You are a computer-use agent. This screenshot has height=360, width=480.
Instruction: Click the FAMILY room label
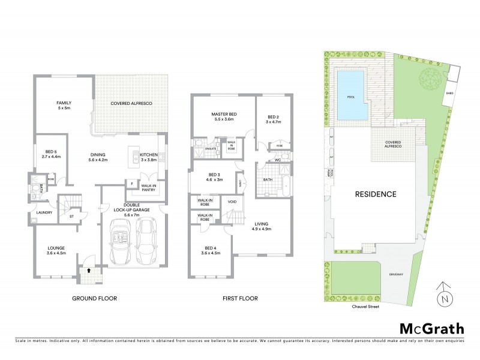point(64,103)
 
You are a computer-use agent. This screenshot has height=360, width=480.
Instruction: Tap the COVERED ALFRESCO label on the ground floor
point(131,104)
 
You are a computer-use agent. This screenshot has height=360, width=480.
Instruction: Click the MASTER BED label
point(223,114)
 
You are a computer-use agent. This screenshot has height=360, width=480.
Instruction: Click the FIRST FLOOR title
point(240,298)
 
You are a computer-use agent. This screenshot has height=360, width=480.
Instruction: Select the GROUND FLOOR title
point(95,298)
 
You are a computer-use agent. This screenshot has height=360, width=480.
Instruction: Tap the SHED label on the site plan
point(450,94)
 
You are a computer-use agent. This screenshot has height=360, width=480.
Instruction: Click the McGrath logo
point(431,328)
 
